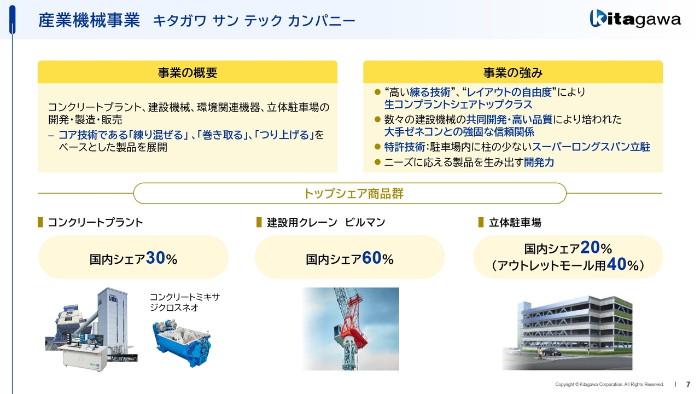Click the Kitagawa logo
[635, 19]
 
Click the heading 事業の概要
[188, 73]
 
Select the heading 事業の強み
[513, 73]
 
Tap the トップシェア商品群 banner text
[353, 194]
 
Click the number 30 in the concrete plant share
[155, 258]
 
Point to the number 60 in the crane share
[371, 258]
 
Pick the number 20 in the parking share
[590, 248]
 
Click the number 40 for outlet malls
[616, 264]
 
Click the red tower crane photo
[351, 329]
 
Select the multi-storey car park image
[567, 333]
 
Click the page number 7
[688, 384]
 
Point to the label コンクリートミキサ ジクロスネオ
[185, 303]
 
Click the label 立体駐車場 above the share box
[515, 223]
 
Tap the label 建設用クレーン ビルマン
[326, 223]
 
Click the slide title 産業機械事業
[89, 21]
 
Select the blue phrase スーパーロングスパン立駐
[591, 147]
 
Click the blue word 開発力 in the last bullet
[539, 163]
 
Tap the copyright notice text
[609, 384]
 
